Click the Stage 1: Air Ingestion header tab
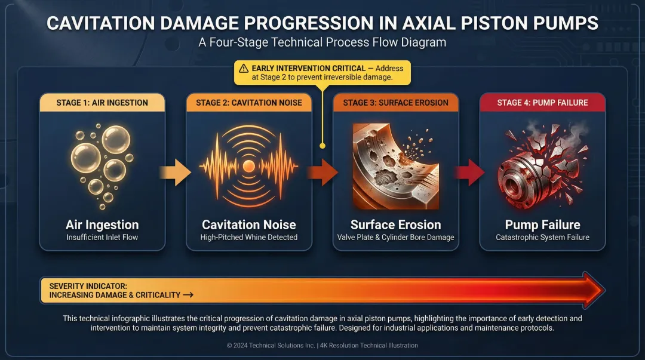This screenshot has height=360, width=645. (102, 102)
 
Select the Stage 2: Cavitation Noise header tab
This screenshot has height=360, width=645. (249, 102)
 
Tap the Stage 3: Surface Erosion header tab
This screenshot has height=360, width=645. (395, 102)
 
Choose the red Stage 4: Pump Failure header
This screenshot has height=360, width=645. (542, 102)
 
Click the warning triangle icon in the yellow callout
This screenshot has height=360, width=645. (243, 69)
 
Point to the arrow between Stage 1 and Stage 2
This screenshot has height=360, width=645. (175, 173)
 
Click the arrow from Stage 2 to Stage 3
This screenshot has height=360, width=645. (322, 173)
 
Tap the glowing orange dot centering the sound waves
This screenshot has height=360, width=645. (249, 167)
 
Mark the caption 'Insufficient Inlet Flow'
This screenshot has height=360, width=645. (102, 238)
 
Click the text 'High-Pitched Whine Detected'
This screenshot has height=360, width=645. (249, 238)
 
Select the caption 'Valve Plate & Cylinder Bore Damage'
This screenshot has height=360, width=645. (395, 238)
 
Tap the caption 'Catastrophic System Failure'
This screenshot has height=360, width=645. (542, 238)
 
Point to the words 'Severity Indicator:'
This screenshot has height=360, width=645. (88, 286)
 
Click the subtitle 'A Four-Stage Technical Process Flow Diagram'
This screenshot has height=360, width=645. (322, 43)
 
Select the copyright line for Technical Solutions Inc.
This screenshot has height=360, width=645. (322, 346)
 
